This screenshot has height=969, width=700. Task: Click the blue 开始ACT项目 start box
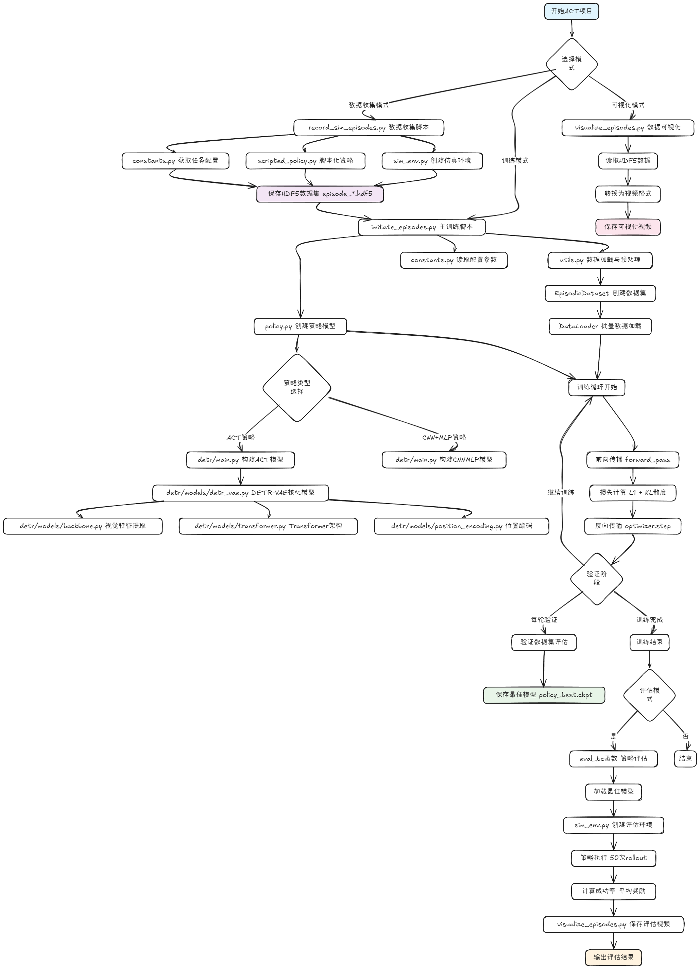[x=571, y=12]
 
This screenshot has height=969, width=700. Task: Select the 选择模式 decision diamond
[x=571, y=64]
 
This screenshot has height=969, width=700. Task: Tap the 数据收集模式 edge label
[x=368, y=105]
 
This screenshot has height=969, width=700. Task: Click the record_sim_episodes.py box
[x=368, y=128]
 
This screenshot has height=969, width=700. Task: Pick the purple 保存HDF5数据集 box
[x=320, y=194]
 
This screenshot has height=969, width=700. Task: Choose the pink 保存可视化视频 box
[x=628, y=227]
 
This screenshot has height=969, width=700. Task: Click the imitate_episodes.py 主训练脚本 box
[x=422, y=227]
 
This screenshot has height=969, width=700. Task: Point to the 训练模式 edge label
[x=515, y=161]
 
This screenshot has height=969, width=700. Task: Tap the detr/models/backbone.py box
[x=83, y=526]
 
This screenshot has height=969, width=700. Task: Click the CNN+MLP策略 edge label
[x=444, y=438]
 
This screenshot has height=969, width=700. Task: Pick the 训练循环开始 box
[x=597, y=387]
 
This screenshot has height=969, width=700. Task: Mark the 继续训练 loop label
[x=561, y=493]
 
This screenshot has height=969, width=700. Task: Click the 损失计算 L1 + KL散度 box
[x=632, y=493]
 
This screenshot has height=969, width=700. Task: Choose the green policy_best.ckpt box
[x=544, y=695]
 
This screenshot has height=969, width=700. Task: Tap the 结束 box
[x=685, y=758]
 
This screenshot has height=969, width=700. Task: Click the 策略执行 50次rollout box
[x=613, y=858]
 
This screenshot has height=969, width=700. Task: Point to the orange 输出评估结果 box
[x=613, y=957]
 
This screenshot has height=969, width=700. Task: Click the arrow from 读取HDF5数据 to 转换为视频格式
[x=628, y=177]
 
